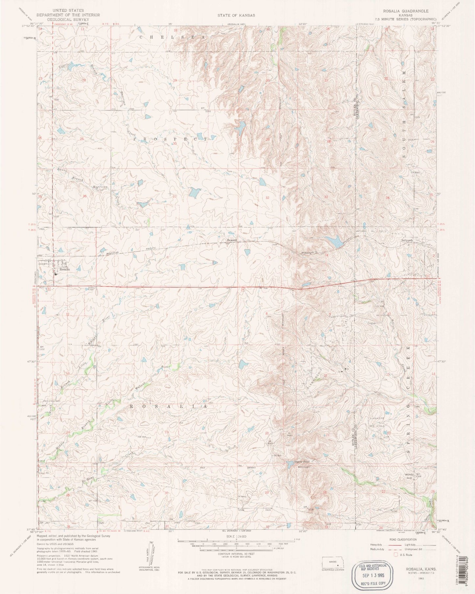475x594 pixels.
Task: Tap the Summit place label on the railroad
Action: (x=232, y=240)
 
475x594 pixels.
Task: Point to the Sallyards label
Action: (x=407, y=240)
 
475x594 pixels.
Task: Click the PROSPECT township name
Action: (x=171, y=139)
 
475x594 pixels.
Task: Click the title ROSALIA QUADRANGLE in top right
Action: (x=406, y=11)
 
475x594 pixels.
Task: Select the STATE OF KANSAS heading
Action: (x=236, y=15)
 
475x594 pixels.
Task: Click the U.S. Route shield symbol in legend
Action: (x=396, y=555)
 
